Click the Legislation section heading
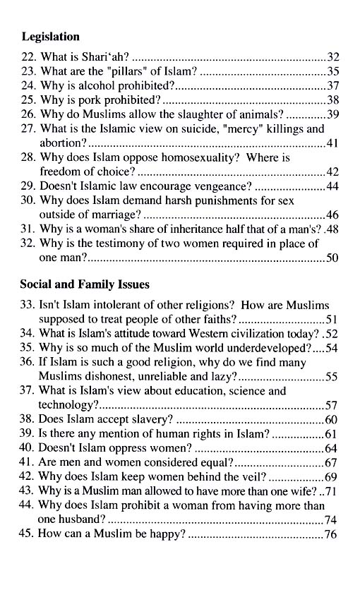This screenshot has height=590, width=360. pyautogui.click(x=50, y=36)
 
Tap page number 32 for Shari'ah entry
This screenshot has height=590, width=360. pyautogui.click(x=335, y=56)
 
